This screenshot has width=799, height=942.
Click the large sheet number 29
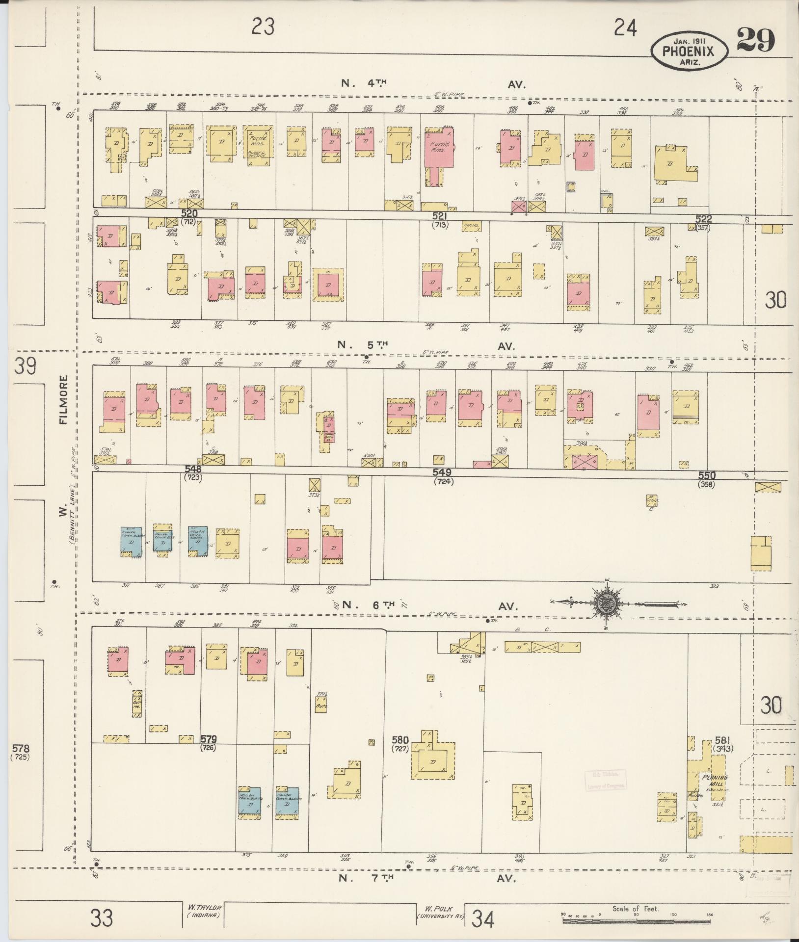pos(755,40)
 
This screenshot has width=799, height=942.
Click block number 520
pos(189,213)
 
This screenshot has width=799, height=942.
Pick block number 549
pos(442,472)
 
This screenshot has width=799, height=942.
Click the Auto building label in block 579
pos(321,706)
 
